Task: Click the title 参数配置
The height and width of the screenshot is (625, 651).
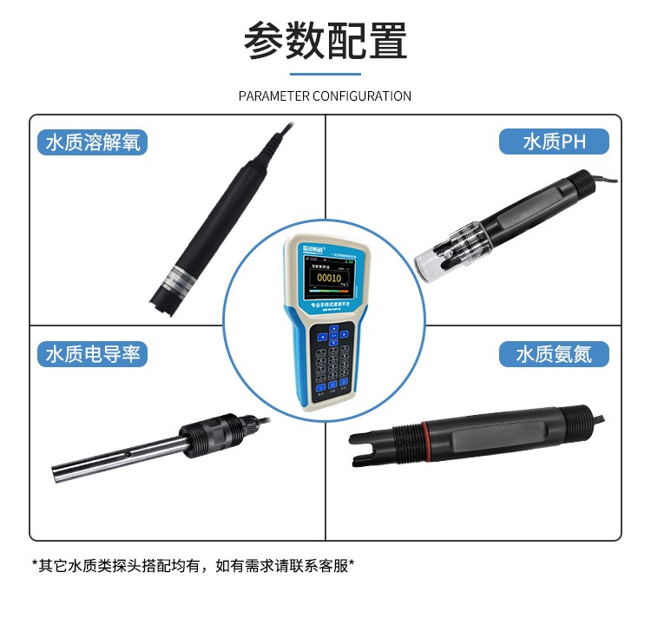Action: coord(325,41)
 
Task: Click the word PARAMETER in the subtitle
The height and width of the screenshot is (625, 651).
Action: coord(273,95)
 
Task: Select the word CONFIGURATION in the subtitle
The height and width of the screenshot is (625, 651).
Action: coord(361,95)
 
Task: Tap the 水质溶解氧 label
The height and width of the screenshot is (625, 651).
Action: coord(92,142)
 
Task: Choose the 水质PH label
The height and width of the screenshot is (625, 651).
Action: coord(555,142)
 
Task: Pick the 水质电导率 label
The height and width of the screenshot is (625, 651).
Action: coord(92,354)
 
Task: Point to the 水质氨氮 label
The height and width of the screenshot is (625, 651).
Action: coord(554,354)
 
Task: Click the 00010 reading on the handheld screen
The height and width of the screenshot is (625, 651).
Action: coord(330,278)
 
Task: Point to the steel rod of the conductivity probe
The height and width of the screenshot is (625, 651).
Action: coord(113,458)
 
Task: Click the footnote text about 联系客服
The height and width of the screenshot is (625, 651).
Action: coord(193,566)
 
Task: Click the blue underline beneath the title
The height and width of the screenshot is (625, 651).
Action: coord(325,73)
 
